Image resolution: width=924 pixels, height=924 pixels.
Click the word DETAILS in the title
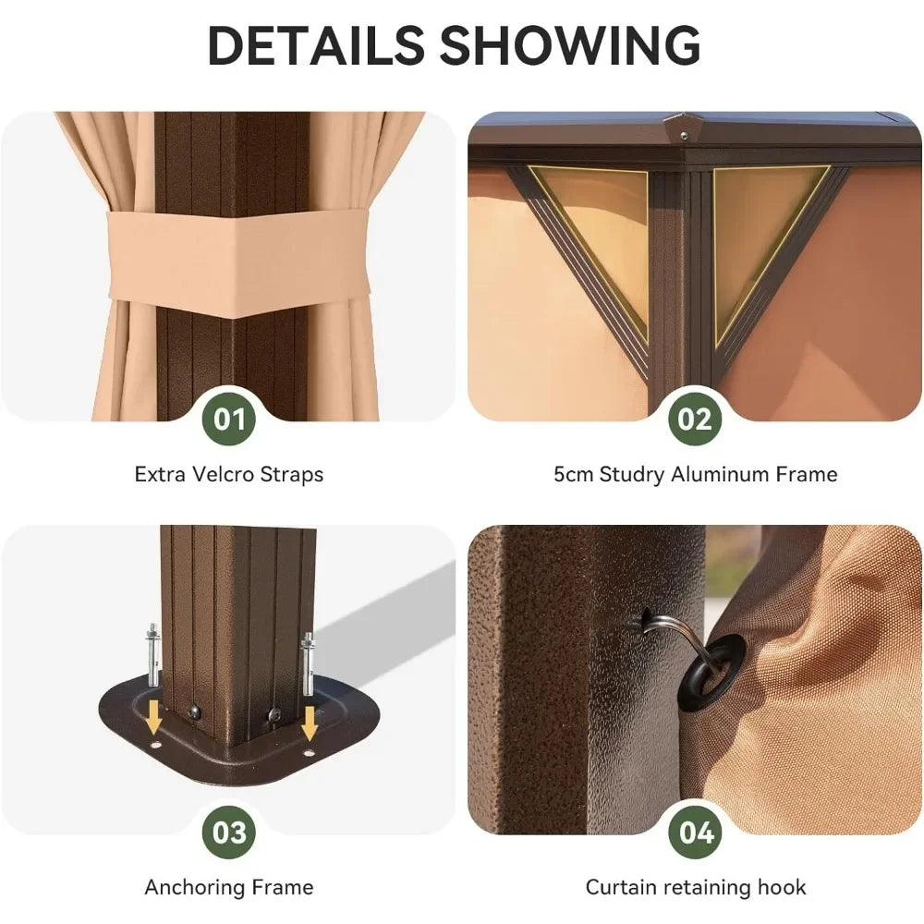[316, 45]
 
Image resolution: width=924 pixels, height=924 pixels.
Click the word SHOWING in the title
[570, 45]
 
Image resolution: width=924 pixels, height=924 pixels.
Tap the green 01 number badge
[229, 419]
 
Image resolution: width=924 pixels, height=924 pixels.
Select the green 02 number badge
[695, 419]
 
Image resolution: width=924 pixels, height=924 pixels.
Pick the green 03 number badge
[229, 833]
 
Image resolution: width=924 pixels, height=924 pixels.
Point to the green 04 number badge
[695, 833]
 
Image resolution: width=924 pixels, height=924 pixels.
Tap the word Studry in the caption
[631, 475]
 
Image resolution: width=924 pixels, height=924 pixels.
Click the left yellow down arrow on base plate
[153, 717]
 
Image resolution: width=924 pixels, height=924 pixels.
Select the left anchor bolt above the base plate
[152, 655]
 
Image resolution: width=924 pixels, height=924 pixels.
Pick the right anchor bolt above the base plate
[309, 664]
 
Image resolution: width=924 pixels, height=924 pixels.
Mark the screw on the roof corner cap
[684, 136]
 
